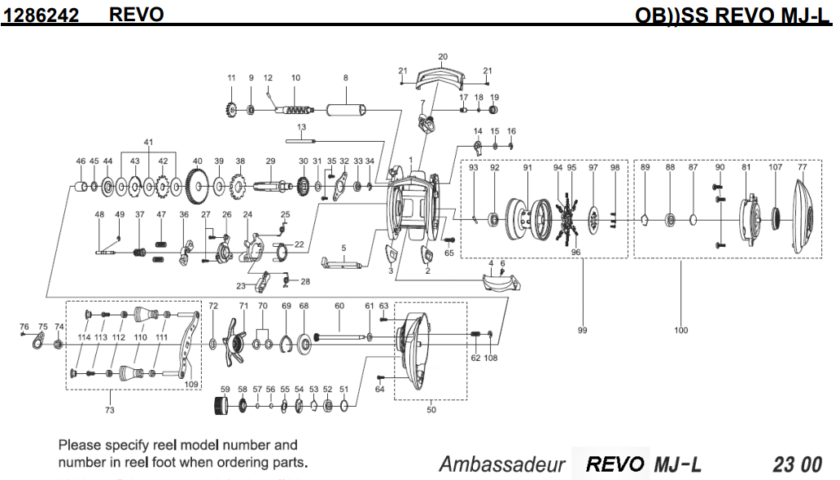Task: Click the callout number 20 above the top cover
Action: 443,57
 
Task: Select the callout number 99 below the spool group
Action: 582,330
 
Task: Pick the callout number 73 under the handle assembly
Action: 110,410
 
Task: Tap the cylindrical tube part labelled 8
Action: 345,108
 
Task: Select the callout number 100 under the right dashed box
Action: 681,330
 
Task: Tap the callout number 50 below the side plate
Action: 431,410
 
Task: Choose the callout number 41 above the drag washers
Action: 148,142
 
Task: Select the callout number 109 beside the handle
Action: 192,383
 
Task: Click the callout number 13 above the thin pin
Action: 301,127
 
